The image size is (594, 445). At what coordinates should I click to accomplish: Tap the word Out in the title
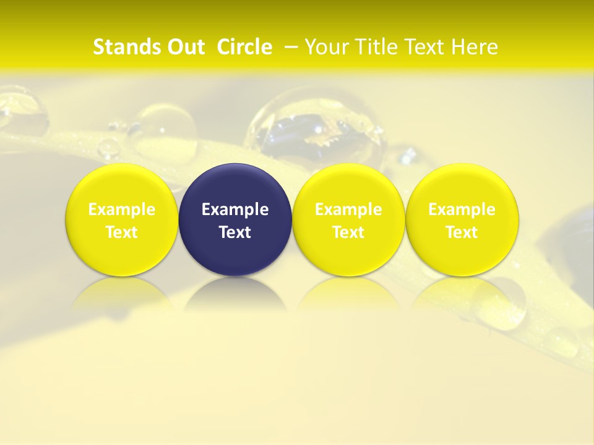coord(182,47)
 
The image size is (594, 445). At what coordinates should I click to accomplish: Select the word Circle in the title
coord(244,47)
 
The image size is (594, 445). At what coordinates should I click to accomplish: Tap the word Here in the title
coord(476,47)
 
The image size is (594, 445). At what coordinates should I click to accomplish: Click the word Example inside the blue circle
coord(235,210)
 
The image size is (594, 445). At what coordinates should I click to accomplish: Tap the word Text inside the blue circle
coord(235,232)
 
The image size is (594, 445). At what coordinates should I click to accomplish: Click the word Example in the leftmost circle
coord(122,210)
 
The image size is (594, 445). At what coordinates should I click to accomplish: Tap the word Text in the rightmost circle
coord(462,232)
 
